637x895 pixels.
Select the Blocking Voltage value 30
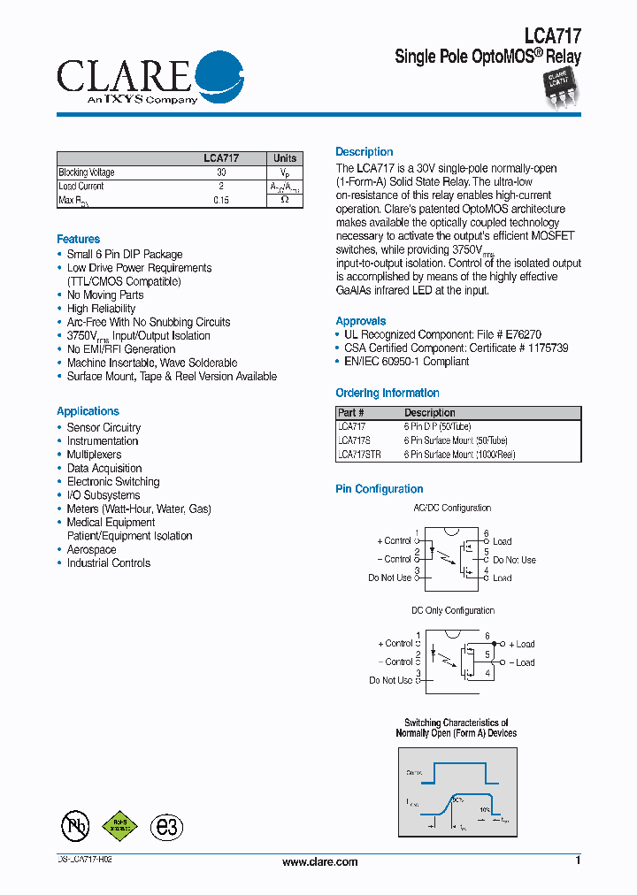[x=221, y=173]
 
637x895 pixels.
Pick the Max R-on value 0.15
[x=221, y=201]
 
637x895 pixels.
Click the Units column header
[x=285, y=158]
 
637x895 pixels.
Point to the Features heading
[x=78, y=240]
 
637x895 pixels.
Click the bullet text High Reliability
[x=101, y=309]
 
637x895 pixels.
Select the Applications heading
[x=88, y=411]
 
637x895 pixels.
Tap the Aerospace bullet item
[x=91, y=549]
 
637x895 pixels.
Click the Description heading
[x=364, y=152]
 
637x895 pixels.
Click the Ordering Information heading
[x=387, y=394]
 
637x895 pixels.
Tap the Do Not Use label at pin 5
[x=514, y=560]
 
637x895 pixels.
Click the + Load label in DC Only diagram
[x=522, y=644]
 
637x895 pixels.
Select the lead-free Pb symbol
[x=75, y=826]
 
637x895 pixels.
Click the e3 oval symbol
[x=165, y=826]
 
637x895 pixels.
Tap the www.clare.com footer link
[x=319, y=862]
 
